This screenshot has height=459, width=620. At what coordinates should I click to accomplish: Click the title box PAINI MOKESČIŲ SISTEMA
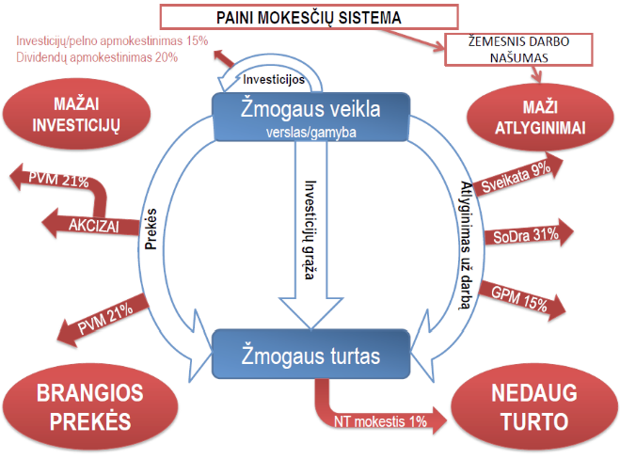click(x=309, y=17)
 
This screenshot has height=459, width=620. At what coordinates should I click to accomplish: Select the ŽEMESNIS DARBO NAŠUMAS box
click(x=518, y=50)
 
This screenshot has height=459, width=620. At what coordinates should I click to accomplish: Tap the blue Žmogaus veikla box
click(x=311, y=117)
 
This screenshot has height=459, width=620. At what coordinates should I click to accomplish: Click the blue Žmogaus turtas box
click(x=311, y=355)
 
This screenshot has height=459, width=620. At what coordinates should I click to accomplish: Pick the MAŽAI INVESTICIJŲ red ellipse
click(x=76, y=114)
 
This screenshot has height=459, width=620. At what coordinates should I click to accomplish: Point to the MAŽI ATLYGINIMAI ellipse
click(x=540, y=118)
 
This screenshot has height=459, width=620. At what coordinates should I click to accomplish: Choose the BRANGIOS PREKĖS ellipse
click(x=90, y=407)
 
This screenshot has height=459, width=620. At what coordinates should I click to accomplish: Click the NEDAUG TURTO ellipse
click(x=534, y=407)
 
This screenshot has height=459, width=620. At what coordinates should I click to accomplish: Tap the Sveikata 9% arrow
click(x=518, y=175)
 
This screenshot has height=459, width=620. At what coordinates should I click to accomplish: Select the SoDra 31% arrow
click(x=528, y=235)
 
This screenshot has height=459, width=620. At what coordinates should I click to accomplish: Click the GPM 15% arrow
click(x=521, y=300)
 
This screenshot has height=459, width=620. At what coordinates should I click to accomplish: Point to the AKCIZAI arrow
click(x=92, y=224)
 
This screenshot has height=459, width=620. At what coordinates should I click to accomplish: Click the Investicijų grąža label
click(x=310, y=230)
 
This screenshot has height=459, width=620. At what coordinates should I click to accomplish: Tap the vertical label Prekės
click(x=151, y=229)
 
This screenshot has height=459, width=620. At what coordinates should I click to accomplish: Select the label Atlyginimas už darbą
click(x=466, y=245)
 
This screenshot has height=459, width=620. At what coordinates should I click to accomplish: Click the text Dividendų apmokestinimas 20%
click(x=97, y=57)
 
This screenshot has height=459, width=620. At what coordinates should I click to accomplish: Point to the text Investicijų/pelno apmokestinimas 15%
click(x=112, y=40)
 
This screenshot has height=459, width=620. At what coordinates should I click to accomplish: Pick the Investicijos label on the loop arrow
click(x=274, y=79)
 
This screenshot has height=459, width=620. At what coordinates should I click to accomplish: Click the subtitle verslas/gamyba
click(x=311, y=133)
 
